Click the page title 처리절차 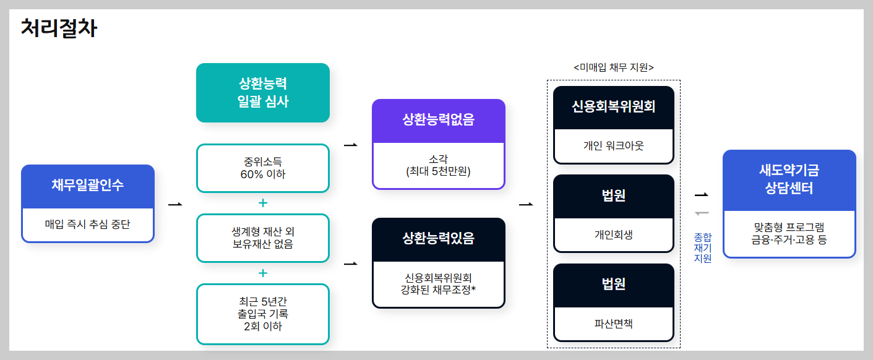point(59,28)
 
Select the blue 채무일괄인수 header point(87,185)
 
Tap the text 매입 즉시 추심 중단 point(87,224)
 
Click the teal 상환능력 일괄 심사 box point(262,93)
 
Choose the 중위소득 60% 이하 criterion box point(262,168)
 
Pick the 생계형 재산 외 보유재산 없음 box point(262,238)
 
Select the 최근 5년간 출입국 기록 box point(262,314)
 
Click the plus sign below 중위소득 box point(262,203)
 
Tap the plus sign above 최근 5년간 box point(262,273)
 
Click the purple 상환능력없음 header point(438,120)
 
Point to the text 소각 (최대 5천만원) point(438,165)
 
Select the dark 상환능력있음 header point(438,238)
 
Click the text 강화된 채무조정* point(438,288)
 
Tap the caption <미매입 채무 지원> point(613,67)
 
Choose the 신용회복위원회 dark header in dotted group point(613,106)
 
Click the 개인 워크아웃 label point(613,146)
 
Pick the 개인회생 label point(613,235)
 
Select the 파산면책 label point(613,324)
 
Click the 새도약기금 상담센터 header point(789,179)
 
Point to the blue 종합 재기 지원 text point(703,247)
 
